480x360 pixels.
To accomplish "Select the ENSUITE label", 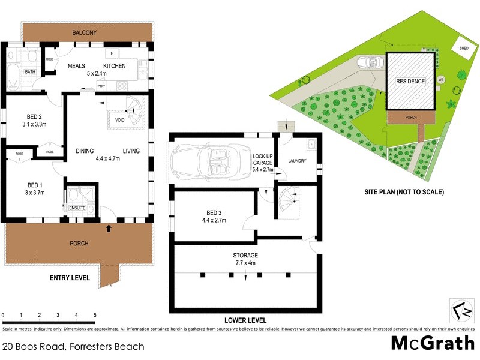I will click(78, 208).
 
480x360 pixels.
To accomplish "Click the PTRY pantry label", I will click(101, 86).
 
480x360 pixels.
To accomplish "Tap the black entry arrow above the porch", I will click(108, 228).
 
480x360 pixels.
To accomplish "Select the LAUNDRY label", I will click(297, 161).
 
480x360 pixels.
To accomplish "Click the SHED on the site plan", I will click(464, 49).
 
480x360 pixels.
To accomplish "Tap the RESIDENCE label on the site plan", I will click(410, 82).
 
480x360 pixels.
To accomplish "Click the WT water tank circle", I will click(441, 79).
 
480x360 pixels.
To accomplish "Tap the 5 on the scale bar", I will click(95, 315).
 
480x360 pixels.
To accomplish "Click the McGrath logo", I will click(430, 344).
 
